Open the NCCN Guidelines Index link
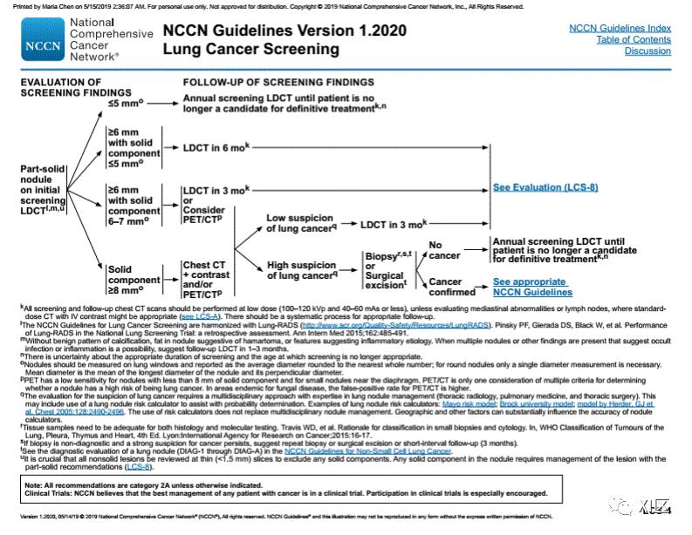[620, 28]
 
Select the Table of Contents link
[634, 39]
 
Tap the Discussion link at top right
[647, 51]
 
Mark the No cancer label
[445, 250]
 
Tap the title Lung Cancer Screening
[251, 49]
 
